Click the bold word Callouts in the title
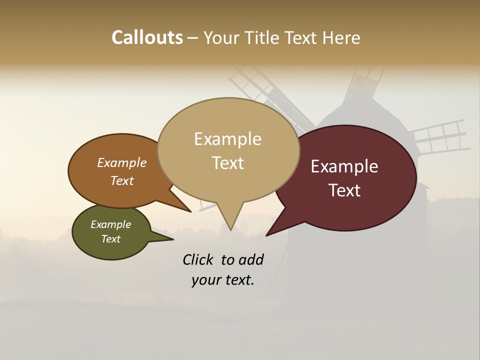pyautogui.click(x=147, y=37)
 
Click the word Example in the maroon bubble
pyautogui.click(x=344, y=166)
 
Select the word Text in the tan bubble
pyautogui.click(x=227, y=163)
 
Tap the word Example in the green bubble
pyautogui.click(x=110, y=224)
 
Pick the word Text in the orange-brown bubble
pyautogui.click(x=122, y=180)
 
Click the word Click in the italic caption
pyautogui.click(x=197, y=259)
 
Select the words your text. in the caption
pyautogui.click(x=222, y=280)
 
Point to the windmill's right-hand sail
pyautogui.click(x=440, y=135)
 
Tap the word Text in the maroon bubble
pyautogui.click(x=344, y=190)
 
